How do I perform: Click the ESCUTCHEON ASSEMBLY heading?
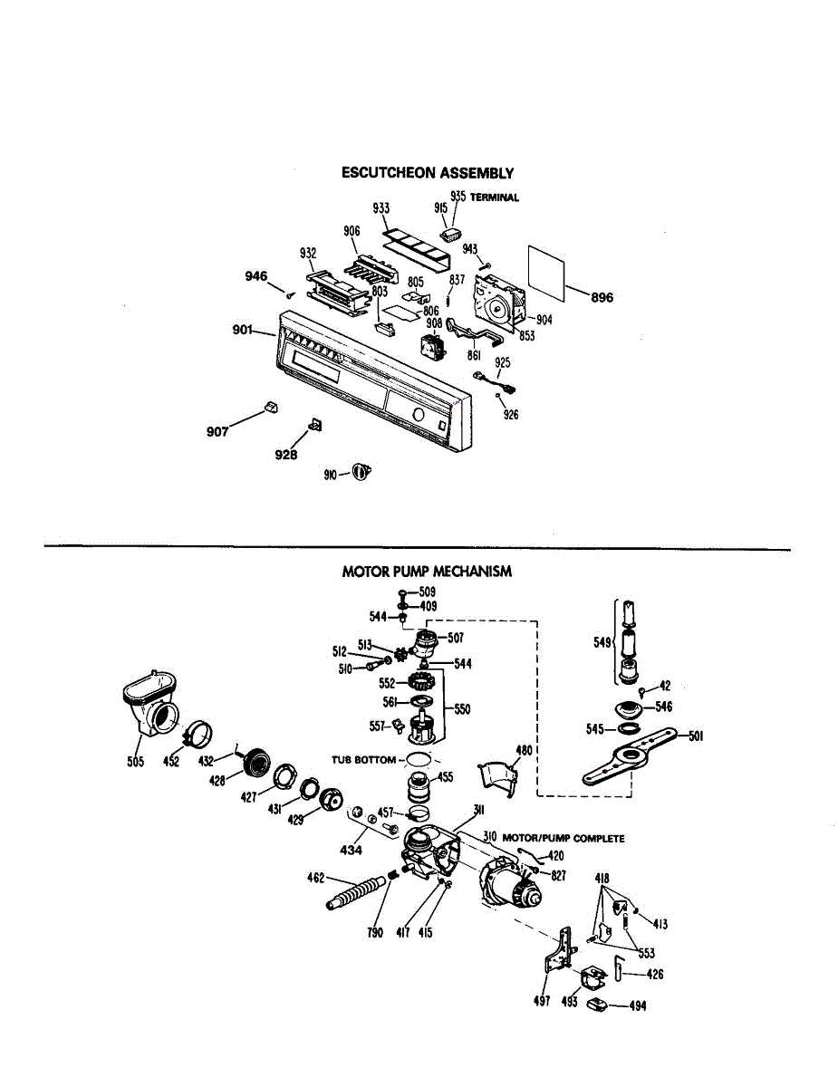coord(428,173)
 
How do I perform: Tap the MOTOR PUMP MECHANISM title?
coord(427,572)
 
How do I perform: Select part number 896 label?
coord(602,298)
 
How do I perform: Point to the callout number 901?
coord(243,330)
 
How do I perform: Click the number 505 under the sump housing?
coord(136,762)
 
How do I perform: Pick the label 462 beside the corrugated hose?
coord(316,878)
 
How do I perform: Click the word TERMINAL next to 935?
coord(495,197)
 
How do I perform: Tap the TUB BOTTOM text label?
coord(363,760)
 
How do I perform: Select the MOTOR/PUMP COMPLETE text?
coord(563,839)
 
